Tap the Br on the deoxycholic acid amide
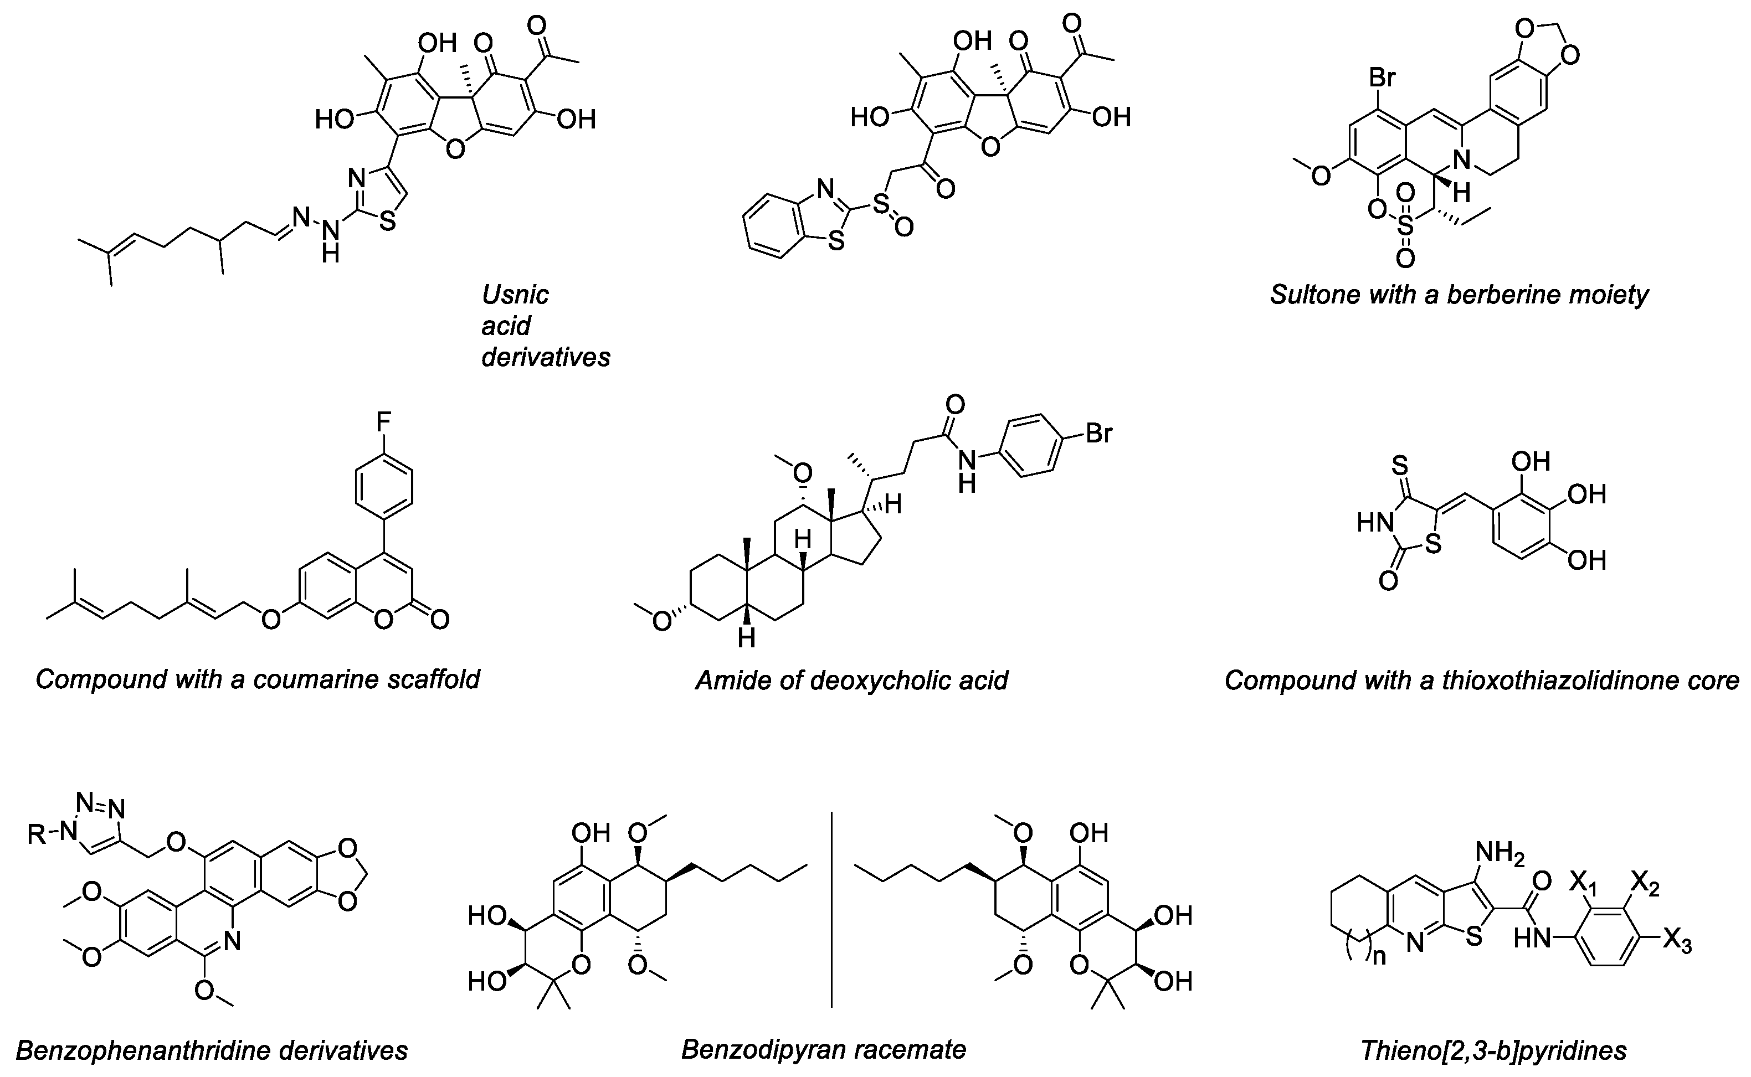1098,433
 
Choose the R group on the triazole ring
37,834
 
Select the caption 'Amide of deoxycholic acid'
851,680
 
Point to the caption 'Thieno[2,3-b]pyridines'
1493,1050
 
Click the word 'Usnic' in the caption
515,294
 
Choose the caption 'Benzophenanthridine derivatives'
212,1050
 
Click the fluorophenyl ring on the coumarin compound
383,489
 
